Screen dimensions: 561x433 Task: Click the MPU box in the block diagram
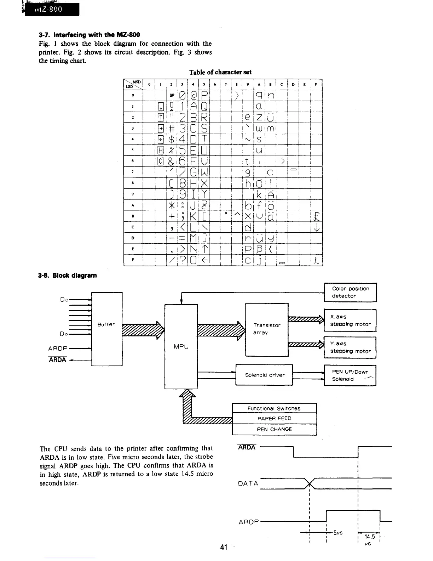click(181, 346)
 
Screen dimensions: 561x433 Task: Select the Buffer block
click(106, 329)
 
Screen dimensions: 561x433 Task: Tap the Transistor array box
click(267, 329)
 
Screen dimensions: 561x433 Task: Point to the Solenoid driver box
click(264, 375)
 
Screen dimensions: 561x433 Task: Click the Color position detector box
click(350, 292)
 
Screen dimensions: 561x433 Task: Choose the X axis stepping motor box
click(350, 321)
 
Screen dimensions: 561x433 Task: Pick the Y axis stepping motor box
click(350, 347)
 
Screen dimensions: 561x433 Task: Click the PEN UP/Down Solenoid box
click(350, 375)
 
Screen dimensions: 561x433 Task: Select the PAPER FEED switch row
click(274, 418)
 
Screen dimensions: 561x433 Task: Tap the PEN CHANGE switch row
click(274, 429)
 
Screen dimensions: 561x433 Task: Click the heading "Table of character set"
click(220, 72)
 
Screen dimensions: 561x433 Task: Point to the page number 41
click(223, 548)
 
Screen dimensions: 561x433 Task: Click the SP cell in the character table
click(172, 95)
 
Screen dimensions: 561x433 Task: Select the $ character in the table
click(172, 139)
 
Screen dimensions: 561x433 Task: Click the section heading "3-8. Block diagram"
click(68, 275)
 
